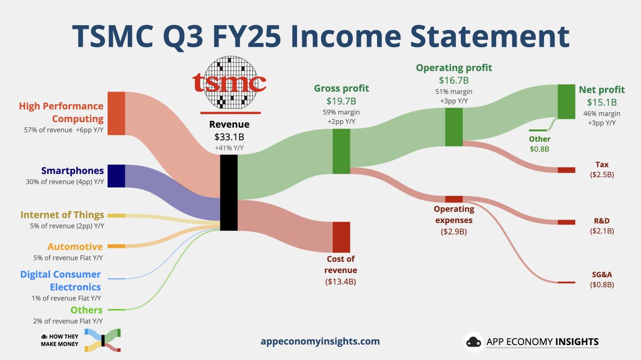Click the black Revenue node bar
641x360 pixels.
click(229, 192)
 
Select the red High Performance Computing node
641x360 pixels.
click(116, 113)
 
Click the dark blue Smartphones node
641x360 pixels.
click(116, 176)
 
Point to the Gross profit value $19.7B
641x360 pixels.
click(341, 100)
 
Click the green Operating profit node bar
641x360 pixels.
click(454, 127)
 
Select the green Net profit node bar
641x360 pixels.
click(566, 101)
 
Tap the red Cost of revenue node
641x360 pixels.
click(341, 237)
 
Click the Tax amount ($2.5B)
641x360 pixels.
click(602, 175)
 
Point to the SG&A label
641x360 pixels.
click(602, 274)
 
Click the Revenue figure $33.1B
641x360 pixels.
click(229, 137)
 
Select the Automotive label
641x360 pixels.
click(75, 247)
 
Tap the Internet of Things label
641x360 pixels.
click(62, 215)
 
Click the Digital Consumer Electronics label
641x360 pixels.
click(60, 280)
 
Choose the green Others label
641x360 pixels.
click(86, 310)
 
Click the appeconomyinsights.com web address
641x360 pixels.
click(320, 341)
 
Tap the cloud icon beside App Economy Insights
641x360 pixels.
click(473, 341)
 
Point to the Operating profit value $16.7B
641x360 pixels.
click(454, 80)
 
